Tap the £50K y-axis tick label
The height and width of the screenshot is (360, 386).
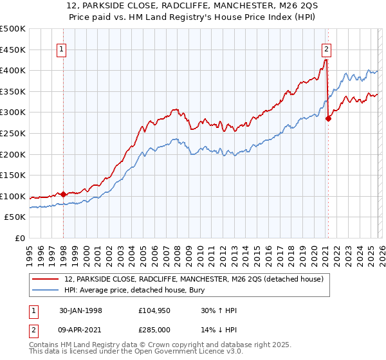[x=15, y=217]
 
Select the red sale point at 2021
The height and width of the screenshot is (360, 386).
[x=328, y=118]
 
